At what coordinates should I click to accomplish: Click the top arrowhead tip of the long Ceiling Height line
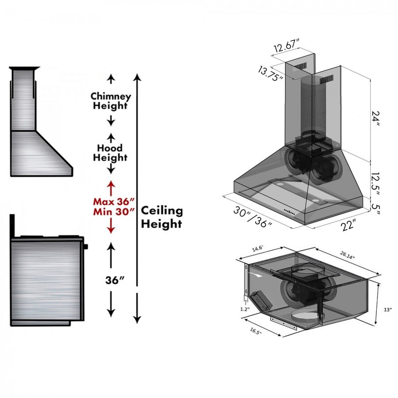coord(137,74)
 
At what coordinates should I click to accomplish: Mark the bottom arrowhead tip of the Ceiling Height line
coord(137,324)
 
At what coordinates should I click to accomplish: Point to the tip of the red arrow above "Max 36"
coord(111,181)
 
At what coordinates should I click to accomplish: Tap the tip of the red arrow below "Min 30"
coord(111,233)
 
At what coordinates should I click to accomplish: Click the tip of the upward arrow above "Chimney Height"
coord(111,74)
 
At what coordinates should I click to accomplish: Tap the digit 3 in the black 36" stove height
coord(109,280)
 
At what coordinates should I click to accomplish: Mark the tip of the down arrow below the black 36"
coord(111,317)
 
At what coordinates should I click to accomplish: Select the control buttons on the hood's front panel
coord(289,211)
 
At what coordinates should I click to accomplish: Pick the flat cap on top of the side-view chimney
coord(24,68)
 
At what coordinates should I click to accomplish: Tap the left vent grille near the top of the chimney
coord(300,67)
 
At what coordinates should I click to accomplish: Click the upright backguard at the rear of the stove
coord(12,226)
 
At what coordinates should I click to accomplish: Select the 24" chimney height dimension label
coord(375,119)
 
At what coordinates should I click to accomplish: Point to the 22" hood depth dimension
coord(348,225)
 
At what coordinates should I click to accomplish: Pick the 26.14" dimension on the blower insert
coord(347,255)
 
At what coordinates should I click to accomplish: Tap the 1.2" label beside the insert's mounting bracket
coord(245,309)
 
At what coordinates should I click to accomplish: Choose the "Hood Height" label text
coord(110,153)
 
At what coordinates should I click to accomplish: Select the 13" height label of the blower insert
coord(387,310)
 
